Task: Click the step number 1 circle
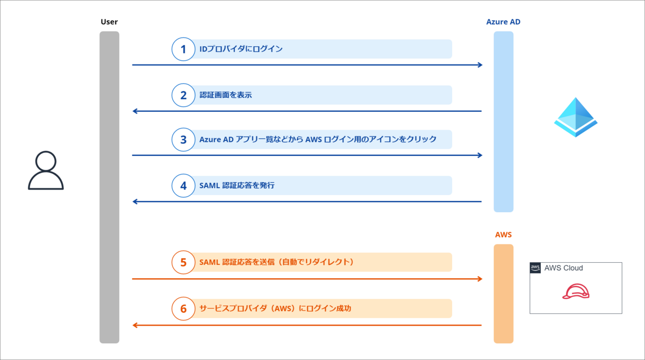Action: pyautogui.click(x=183, y=49)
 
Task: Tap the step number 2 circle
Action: pyautogui.click(x=183, y=95)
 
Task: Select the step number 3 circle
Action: pyautogui.click(x=183, y=139)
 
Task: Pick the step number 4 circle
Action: pyautogui.click(x=183, y=185)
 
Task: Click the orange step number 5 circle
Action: pyautogui.click(x=183, y=262)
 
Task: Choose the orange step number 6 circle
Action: pyautogui.click(x=183, y=308)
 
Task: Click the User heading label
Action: pyautogui.click(x=109, y=22)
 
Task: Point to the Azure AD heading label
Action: pyautogui.click(x=503, y=22)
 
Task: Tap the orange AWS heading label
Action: pyautogui.click(x=503, y=235)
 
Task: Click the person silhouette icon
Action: pyautogui.click(x=46, y=170)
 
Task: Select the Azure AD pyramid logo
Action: pyautogui.click(x=576, y=117)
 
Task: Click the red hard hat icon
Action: pyautogui.click(x=576, y=291)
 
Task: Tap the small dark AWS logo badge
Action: pyautogui.click(x=535, y=268)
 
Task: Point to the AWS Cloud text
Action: pyautogui.click(x=563, y=268)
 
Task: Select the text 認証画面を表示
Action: pyautogui.click(x=226, y=95)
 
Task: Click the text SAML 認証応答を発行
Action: pyautogui.click(x=237, y=185)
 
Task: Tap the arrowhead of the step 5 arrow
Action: pyautogui.click(x=479, y=279)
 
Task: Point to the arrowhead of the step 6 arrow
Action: pyautogui.click(x=135, y=325)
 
